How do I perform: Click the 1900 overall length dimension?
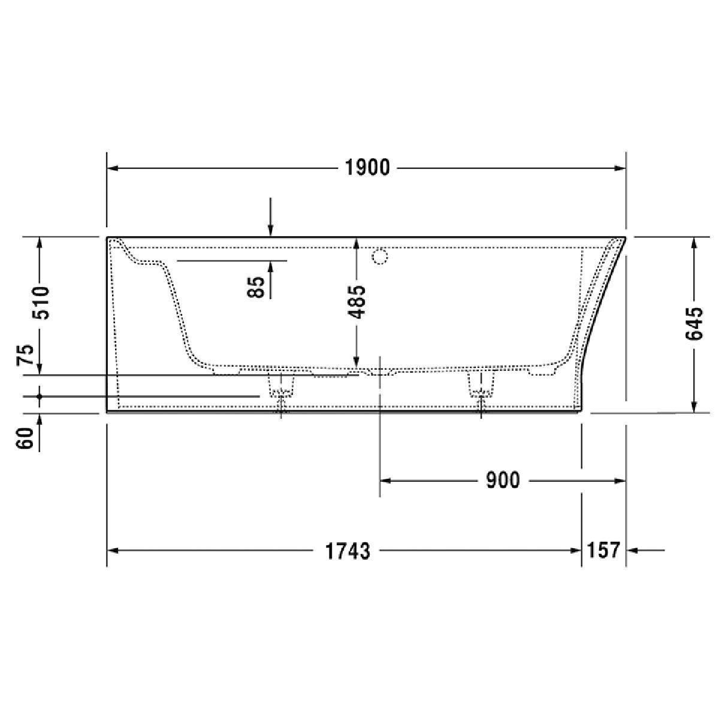coord(367,168)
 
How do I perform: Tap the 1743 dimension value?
coord(348,551)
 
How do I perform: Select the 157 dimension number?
coord(603,550)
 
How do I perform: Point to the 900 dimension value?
coord(503,480)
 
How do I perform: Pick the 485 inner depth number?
coord(357,302)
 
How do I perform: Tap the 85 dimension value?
coord(256,287)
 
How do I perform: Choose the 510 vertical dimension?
coord(40,303)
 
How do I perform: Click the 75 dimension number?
coord(25,355)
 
